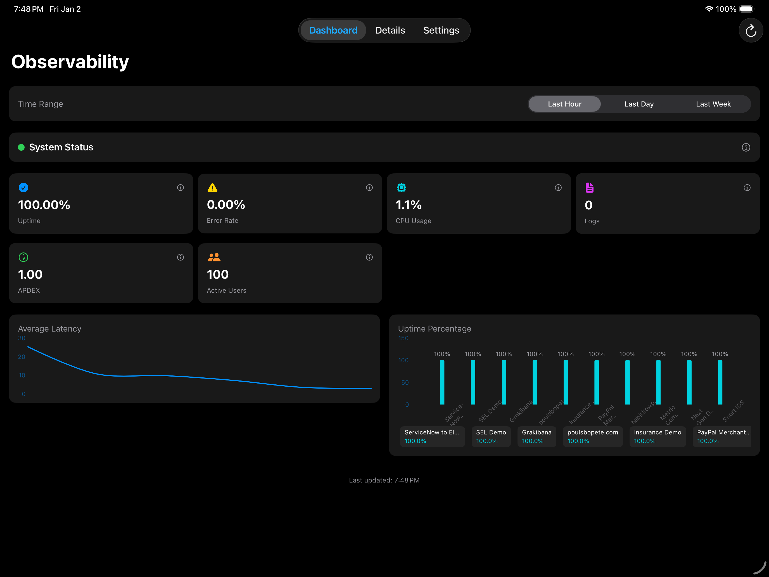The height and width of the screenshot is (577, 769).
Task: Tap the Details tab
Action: tap(390, 30)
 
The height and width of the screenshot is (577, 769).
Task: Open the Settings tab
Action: tap(441, 30)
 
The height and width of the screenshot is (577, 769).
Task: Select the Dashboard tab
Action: tap(333, 30)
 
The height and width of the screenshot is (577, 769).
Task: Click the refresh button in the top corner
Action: tap(750, 30)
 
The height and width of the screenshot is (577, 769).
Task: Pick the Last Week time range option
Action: tap(713, 104)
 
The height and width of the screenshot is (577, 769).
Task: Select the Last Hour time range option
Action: tap(564, 104)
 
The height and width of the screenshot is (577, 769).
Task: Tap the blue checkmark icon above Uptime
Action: tap(23, 188)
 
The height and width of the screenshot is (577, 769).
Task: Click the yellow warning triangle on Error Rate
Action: tap(212, 188)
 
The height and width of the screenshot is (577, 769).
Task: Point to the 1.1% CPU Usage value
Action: tap(409, 205)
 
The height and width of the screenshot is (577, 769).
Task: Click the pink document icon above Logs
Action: tap(589, 188)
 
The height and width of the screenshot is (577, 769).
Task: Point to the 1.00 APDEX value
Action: tap(30, 275)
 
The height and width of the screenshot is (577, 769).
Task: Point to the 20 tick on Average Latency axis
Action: tap(22, 356)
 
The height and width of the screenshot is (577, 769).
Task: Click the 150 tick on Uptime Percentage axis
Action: tap(403, 338)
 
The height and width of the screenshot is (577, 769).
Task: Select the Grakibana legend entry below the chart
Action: tap(537, 436)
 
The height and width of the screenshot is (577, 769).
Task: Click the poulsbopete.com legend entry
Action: tap(592, 436)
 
